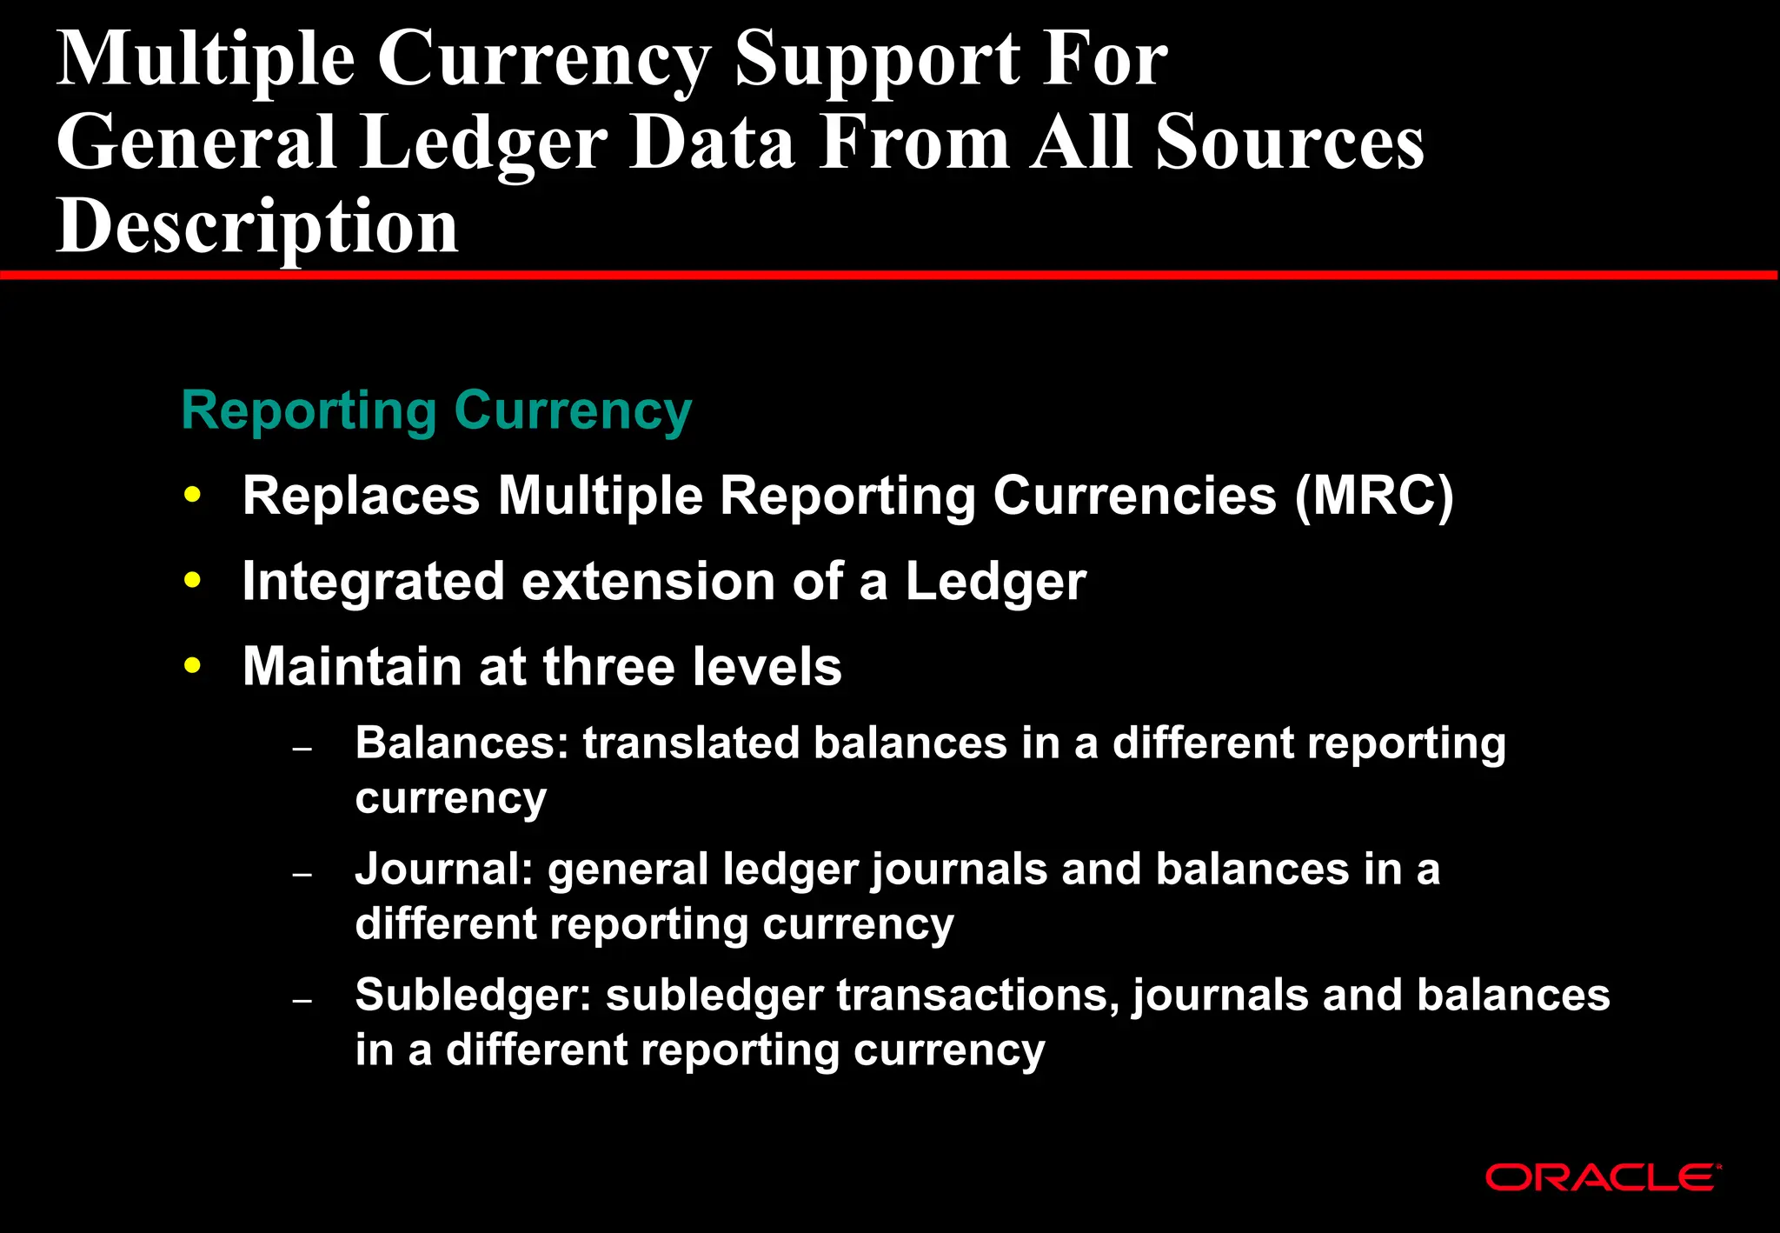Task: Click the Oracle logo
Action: click(x=1603, y=1177)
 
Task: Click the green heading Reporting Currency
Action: click(x=436, y=410)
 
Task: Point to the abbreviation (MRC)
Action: click(x=1373, y=496)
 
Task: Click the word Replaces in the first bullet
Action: click(x=361, y=496)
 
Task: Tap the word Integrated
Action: click(x=373, y=581)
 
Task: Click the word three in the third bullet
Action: click(x=609, y=666)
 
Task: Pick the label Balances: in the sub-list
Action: click(x=462, y=743)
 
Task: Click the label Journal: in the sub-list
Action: click(x=443, y=870)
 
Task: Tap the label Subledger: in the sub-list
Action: click(x=473, y=996)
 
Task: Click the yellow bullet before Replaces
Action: click(x=193, y=495)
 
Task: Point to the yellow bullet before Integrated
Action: click(x=193, y=580)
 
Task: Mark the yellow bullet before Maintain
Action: click(x=193, y=666)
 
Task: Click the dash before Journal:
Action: click(x=302, y=874)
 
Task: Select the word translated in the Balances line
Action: click(x=690, y=743)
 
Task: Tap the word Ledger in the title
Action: click(x=483, y=143)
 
